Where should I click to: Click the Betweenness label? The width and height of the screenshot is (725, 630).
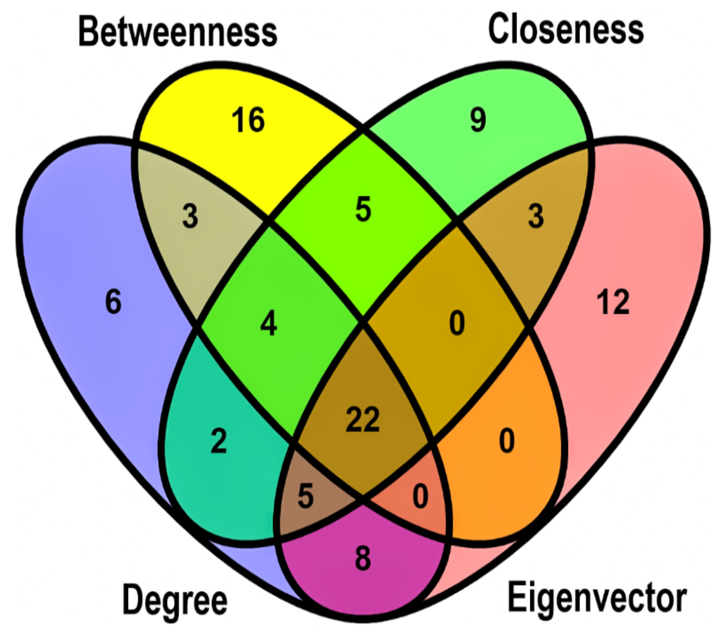pos(178,33)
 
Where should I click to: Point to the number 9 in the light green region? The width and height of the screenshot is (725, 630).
pos(478,120)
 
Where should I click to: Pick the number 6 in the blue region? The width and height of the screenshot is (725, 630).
pos(113,301)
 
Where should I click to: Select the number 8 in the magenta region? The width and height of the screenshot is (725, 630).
pos(363,558)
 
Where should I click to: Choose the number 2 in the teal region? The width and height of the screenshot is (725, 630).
pos(219,441)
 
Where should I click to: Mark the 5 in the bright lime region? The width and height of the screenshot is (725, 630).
pos(363,209)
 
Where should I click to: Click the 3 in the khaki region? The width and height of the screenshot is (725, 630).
pos(190,216)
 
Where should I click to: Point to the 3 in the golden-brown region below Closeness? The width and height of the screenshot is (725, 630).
pos(536,216)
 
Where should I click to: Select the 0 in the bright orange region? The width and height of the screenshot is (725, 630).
pos(507,441)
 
